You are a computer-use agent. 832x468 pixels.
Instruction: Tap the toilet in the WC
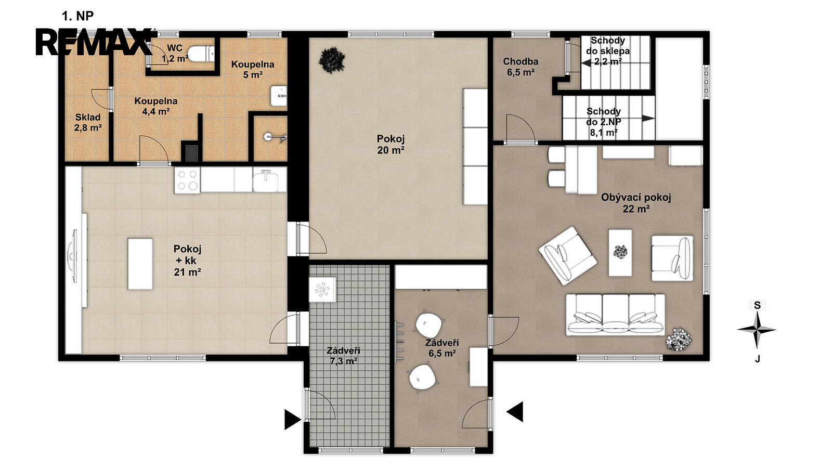pyautogui.click(x=201, y=54)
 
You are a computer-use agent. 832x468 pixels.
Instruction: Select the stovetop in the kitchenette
pyautogui.click(x=188, y=180)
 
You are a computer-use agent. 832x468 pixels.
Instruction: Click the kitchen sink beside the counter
pyautogui.click(x=266, y=180)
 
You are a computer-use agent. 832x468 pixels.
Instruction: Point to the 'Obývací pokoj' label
pyautogui.click(x=636, y=198)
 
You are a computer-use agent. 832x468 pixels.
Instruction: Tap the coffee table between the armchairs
pyautogui.click(x=620, y=253)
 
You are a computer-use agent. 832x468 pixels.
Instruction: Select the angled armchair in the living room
pyautogui.click(x=567, y=256)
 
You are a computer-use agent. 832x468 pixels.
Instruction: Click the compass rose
pyautogui.click(x=757, y=330)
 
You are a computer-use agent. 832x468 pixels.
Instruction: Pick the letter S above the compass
pyautogui.click(x=757, y=305)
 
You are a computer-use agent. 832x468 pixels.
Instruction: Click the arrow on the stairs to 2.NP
pyautogui.click(x=648, y=118)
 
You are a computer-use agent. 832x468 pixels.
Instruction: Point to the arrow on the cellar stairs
pyautogui.click(x=587, y=63)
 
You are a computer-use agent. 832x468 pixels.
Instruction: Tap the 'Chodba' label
pyautogui.click(x=521, y=61)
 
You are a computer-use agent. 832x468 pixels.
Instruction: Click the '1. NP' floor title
pyautogui.click(x=77, y=16)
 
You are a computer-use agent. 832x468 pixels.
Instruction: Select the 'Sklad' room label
pyautogui.click(x=88, y=118)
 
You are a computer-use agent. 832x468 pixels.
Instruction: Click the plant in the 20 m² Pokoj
pyautogui.click(x=332, y=60)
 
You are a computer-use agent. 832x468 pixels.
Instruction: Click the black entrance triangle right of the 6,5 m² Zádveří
pyautogui.click(x=515, y=411)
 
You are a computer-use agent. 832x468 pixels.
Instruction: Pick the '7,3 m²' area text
pyautogui.click(x=344, y=361)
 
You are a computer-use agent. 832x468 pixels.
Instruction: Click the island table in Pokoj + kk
pyautogui.click(x=140, y=264)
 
